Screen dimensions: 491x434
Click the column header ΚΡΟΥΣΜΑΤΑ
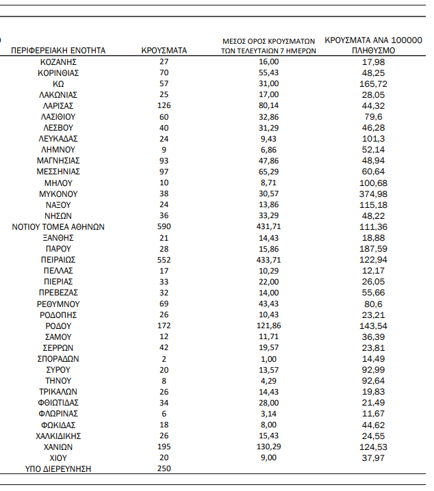point(164,51)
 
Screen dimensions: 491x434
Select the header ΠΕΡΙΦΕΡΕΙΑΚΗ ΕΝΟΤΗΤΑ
point(58,51)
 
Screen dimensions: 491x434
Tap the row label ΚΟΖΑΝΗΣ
point(58,62)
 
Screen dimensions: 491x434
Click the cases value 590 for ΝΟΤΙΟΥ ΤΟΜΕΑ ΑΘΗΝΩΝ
point(164,226)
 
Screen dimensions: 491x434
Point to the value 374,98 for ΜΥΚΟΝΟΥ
point(373,194)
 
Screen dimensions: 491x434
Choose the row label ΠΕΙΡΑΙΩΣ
point(58,260)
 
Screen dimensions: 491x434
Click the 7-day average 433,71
point(268,260)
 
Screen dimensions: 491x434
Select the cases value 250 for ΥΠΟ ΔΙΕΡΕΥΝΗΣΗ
point(164,468)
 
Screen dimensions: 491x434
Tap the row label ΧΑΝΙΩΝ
point(58,447)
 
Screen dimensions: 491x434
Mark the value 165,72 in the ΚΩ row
point(373,83)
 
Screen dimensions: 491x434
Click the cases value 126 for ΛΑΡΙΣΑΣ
point(164,105)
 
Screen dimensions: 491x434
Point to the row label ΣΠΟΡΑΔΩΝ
point(58,358)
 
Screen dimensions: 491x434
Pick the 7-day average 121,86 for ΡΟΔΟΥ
point(268,326)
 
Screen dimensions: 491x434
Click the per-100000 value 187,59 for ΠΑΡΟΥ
point(373,249)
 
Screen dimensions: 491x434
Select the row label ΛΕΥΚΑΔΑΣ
point(58,138)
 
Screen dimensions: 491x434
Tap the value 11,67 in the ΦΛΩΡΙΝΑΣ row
point(373,413)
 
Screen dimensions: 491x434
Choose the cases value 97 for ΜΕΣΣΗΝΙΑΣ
point(164,172)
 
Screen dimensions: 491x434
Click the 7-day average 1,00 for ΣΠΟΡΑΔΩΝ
point(268,358)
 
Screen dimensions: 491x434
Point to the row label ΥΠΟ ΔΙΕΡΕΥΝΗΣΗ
point(58,468)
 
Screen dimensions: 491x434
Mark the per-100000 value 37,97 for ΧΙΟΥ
point(373,457)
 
